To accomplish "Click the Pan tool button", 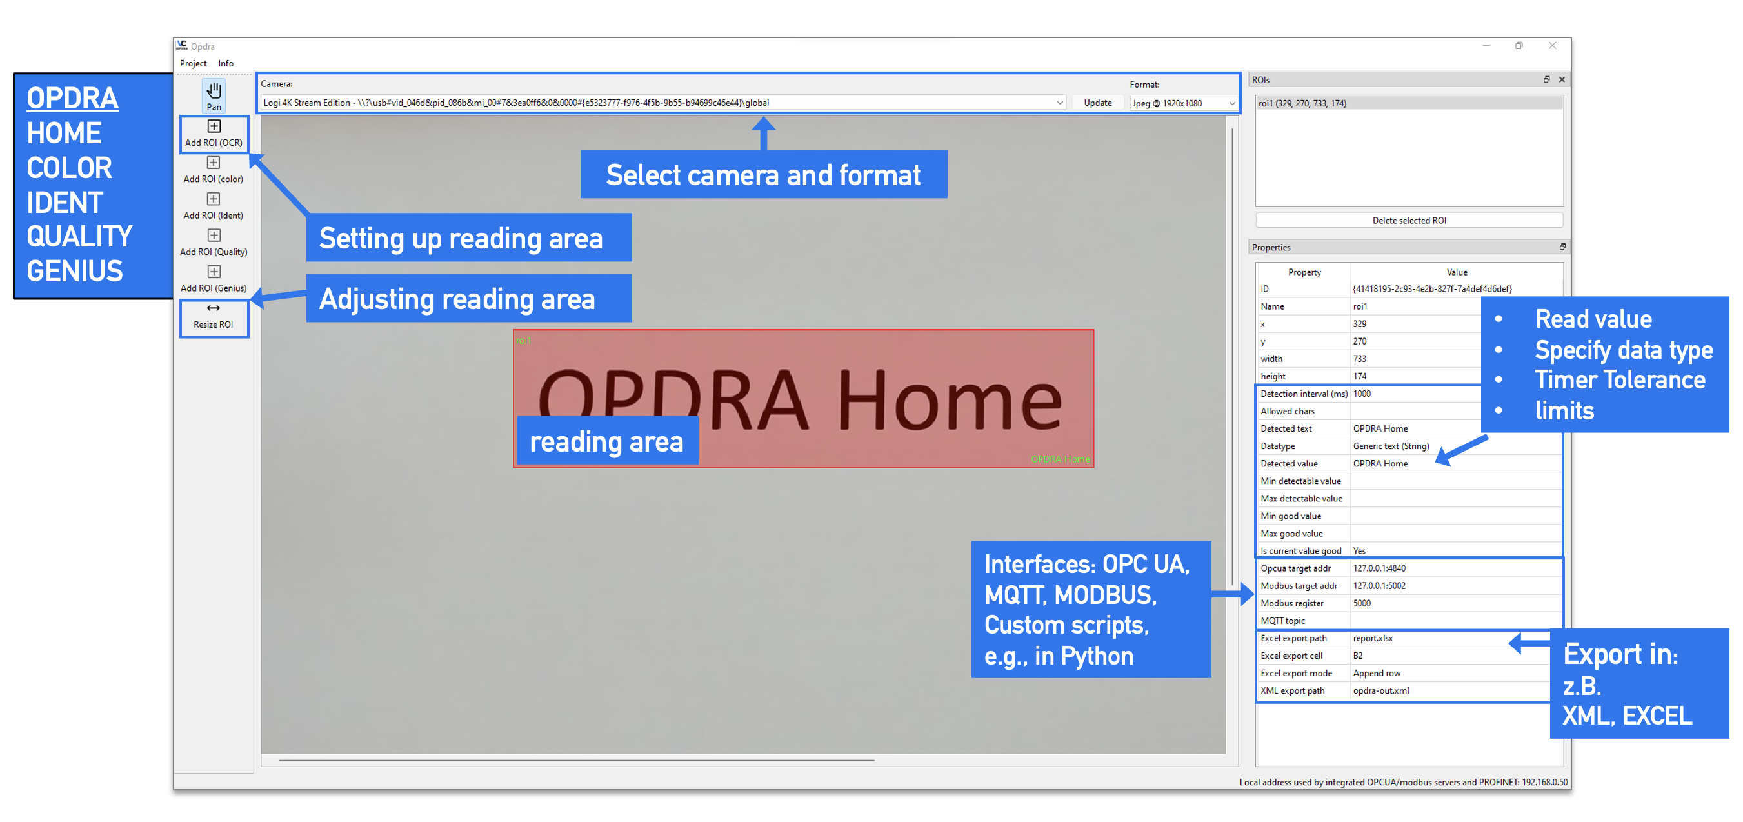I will [214, 95].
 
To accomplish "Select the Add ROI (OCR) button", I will [214, 134].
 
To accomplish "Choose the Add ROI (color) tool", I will [213, 170].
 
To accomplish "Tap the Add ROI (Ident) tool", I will [213, 206].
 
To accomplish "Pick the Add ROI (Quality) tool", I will [213, 243].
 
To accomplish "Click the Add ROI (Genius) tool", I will [213, 279].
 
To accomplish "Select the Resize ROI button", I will [214, 317].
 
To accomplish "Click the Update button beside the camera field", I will [1097, 103].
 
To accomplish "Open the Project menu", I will [193, 64].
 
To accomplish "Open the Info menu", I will [226, 64].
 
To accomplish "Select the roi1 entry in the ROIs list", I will [1302, 103].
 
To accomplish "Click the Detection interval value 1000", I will [1361, 394].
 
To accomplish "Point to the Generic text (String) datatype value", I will [1391, 446].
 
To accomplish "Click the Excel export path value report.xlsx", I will [1372, 639].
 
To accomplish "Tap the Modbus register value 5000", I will [1361, 603].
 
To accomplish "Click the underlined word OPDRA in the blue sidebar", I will [72, 99].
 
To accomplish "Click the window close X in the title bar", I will [1552, 46].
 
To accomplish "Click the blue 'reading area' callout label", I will [606, 442].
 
